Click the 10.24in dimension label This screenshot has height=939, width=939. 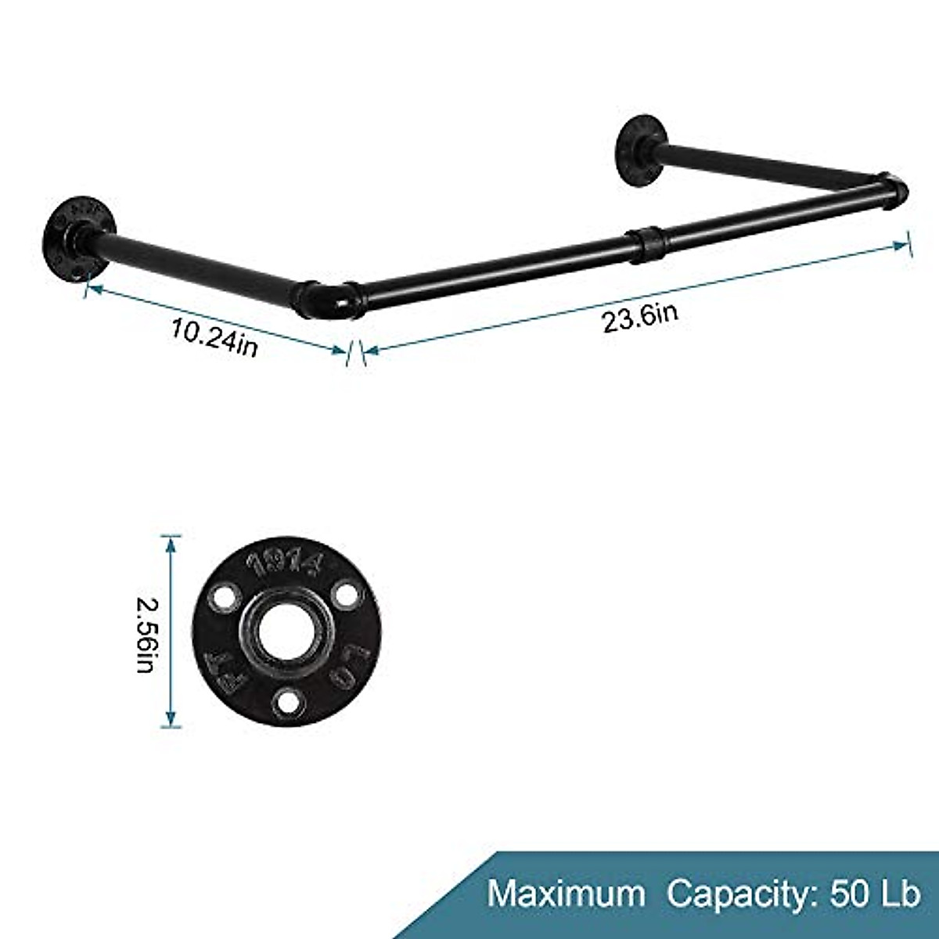tap(214, 338)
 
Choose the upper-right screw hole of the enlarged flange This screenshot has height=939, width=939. tap(343, 593)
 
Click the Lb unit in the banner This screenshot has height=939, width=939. tap(898, 893)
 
